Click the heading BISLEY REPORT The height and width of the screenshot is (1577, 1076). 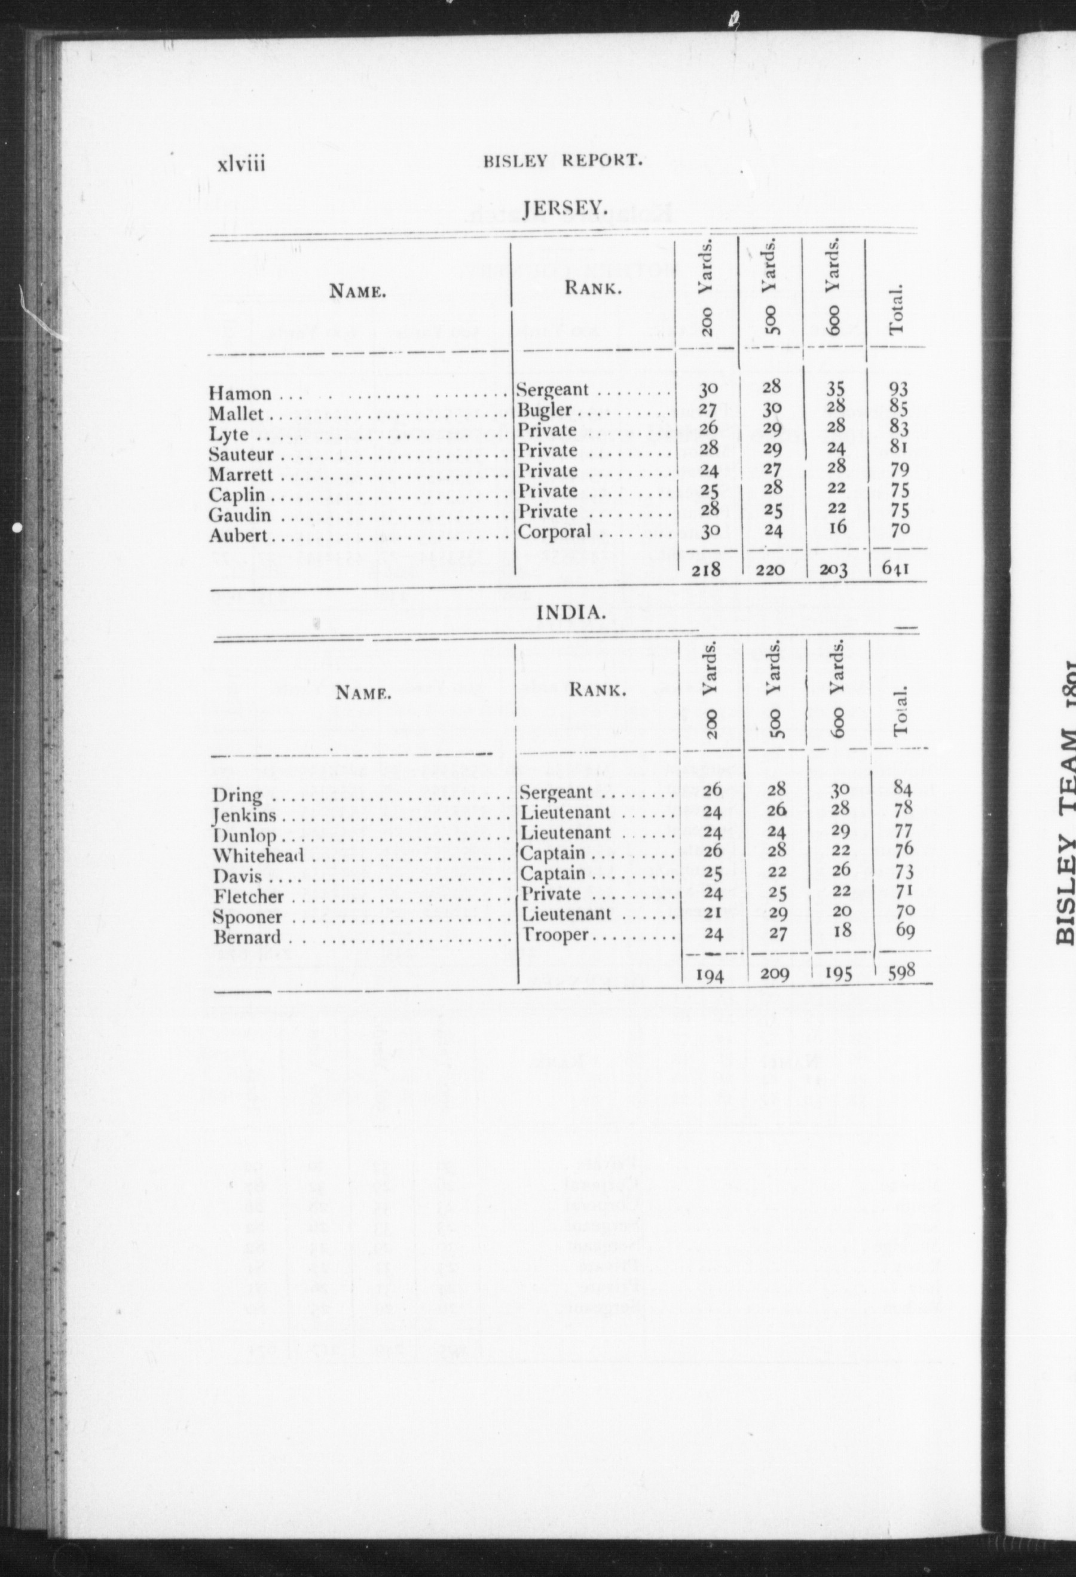pyautogui.click(x=562, y=161)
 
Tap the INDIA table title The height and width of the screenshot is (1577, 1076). pyautogui.click(x=570, y=612)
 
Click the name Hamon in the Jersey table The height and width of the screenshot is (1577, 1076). pyautogui.click(x=240, y=394)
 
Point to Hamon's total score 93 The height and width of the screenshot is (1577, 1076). pyautogui.click(x=898, y=389)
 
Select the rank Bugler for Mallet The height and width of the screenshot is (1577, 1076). pyautogui.click(x=545, y=410)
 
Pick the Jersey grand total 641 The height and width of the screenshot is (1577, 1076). pyautogui.click(x=895, y=569)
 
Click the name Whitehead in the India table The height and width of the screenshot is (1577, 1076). pyautogui.click(x=258, y=857)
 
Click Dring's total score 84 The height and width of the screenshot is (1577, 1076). pyautogui.click(x=903, y=789)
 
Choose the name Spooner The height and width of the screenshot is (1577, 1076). pyautogui.click(x=246, y=918)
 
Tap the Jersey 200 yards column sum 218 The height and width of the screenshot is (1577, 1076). pyautogui.click(x=706, y=570)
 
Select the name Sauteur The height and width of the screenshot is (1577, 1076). pyautogui.click(x=241, y=455)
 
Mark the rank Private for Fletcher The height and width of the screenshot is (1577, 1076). pyautogui.click(x=551, y=894)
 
